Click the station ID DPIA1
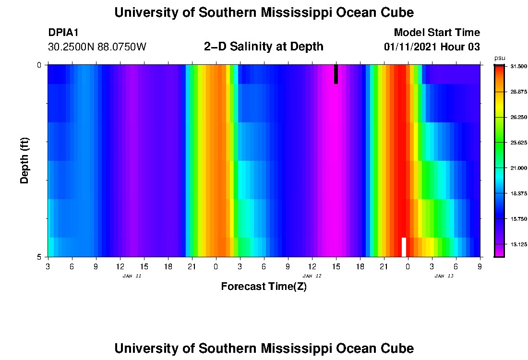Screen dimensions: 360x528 (63, 33)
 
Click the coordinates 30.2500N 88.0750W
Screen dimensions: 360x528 (97, 47)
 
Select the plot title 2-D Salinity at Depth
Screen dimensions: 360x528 (264, 47)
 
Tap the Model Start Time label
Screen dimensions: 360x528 (436, 33)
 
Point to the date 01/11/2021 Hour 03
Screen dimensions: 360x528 (432, 47)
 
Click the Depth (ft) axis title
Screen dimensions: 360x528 (24, 161)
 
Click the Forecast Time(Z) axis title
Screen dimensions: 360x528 (264, 287)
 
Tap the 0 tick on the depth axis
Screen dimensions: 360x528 (39, 65)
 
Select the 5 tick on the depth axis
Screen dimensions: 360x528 (39, 257)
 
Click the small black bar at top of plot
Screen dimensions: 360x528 (336, 74)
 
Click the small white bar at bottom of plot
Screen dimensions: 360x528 (404, 247)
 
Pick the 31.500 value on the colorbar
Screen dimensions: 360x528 (517, 67)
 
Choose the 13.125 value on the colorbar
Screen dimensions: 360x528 (517, 244)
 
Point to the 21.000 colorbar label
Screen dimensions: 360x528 (517, 168)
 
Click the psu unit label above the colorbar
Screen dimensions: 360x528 (500, 58)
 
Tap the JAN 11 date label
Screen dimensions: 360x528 (132, 276)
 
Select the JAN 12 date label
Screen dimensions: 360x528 (312, 276)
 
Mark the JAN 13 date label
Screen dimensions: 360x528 (444, 276)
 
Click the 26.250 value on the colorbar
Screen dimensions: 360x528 (517, 117)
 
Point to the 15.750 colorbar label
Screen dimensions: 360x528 (517, 219)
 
